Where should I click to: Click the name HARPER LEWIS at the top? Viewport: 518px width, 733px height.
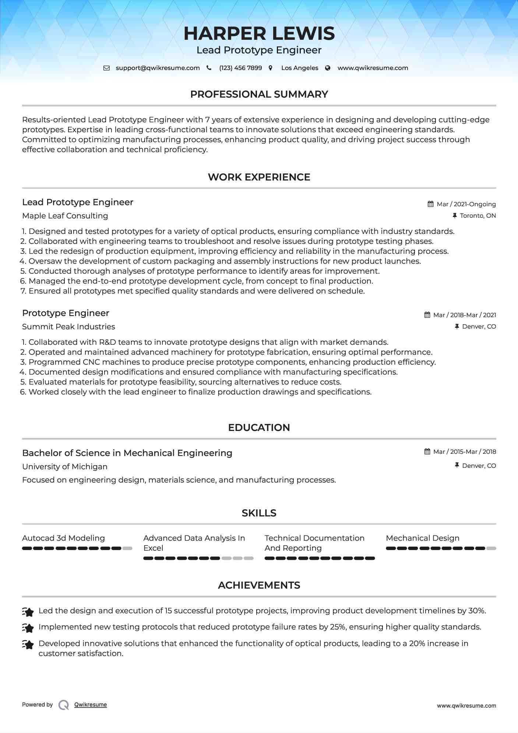click(259, 34)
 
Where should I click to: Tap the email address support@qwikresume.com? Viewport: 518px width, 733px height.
click(158, 68)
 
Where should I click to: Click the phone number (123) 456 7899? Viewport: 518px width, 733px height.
click(240, 68)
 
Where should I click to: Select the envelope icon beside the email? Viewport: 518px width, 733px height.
click(106, 68)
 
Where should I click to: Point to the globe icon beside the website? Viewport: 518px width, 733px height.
click(328, 68)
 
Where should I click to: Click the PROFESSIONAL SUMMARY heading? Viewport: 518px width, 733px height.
click(259, 94)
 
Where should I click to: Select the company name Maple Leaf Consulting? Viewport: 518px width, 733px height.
click(65, 216)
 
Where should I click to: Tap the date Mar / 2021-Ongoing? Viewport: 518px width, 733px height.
click(466, 204)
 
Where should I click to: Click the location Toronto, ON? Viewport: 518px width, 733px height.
click(478, 215)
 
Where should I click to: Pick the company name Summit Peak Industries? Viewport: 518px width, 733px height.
click(68, 327)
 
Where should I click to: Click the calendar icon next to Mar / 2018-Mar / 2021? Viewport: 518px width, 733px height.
click(427, 315)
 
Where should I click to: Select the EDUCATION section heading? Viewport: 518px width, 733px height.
click(259, 428)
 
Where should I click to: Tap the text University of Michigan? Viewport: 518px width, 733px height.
click(65, 467)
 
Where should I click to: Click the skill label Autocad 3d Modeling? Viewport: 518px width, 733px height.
click(63, 538)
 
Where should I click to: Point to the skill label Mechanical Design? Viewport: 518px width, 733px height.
click(423, 538)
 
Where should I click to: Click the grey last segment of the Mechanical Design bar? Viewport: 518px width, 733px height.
click(491, 548)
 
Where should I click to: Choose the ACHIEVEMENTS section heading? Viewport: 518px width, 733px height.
click(259, 585)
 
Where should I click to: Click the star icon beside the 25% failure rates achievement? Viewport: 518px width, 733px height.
click(28, 627)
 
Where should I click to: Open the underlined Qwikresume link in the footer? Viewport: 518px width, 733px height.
click(91, 705)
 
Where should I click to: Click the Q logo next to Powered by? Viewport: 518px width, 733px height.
click(64, 705)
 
